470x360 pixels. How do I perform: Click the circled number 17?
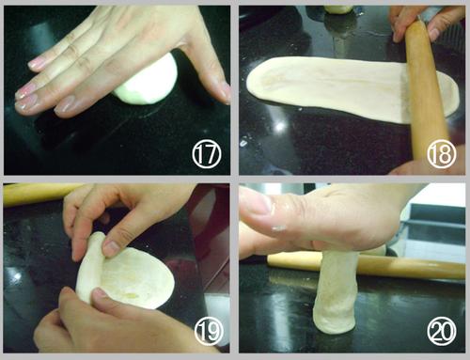point(207,154)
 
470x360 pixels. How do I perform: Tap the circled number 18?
point(442,154)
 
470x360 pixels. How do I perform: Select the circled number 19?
point(209,332)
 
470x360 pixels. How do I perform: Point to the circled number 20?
point(442,332)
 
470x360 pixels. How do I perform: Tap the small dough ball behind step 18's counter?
point(337,9)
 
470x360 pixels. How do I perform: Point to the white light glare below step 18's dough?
point(280,126)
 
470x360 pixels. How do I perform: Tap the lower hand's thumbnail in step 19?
point(100,292)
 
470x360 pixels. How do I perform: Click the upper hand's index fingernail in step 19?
point(110,248)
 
